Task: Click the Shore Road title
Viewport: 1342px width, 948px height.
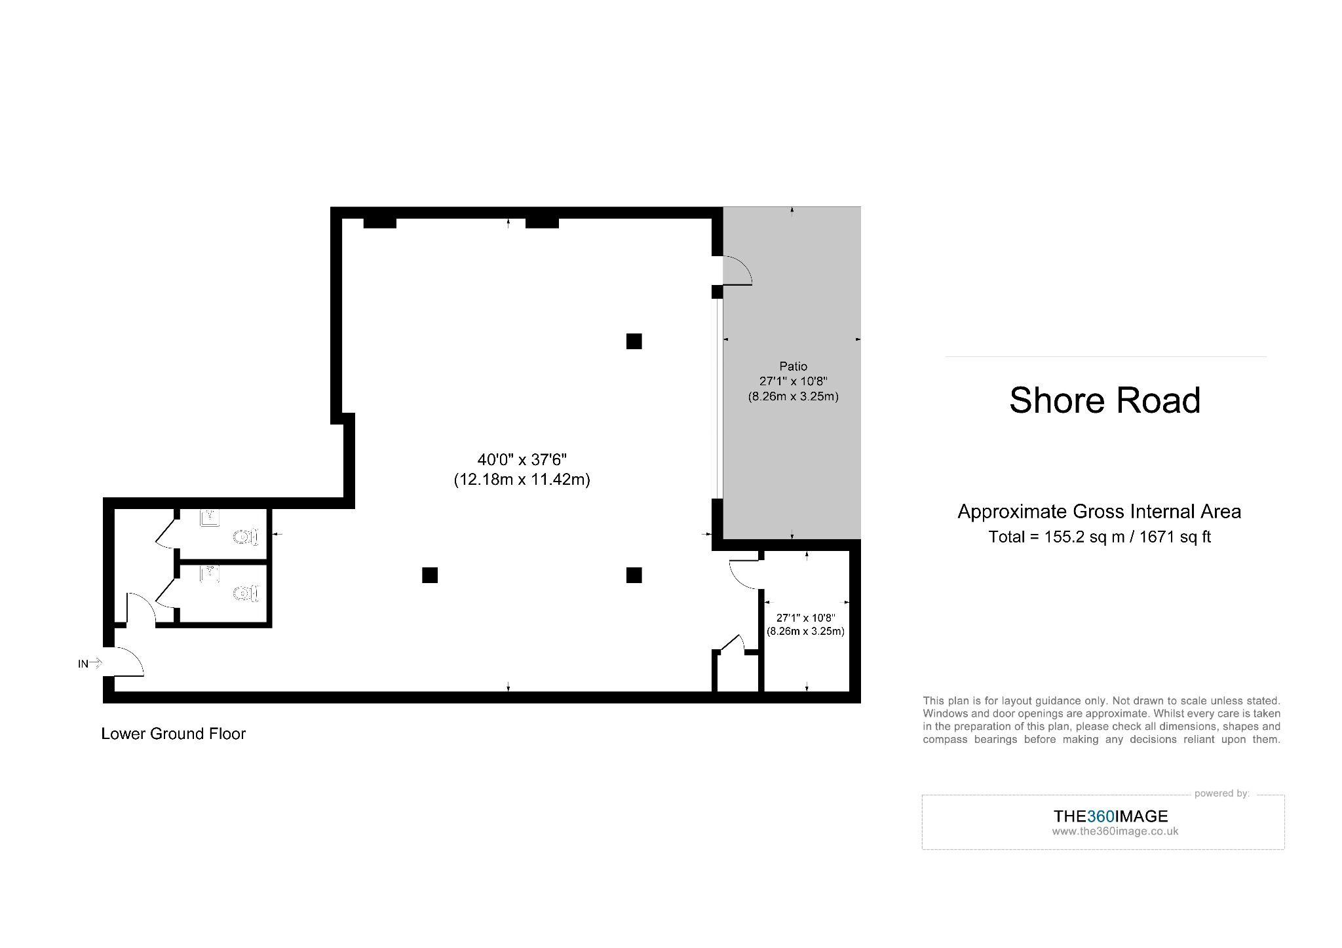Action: (1104, 400)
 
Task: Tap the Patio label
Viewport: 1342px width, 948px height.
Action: (793, 366)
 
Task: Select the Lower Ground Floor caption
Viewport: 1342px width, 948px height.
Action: (173, 734)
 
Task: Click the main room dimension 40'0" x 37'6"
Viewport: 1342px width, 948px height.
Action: (522, 460)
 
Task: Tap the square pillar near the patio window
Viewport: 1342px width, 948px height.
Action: (634, 341)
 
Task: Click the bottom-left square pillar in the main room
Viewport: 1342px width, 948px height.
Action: (430, 575)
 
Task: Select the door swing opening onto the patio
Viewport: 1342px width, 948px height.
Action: (738, 271)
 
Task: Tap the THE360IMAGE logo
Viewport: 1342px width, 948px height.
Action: (1111, 816)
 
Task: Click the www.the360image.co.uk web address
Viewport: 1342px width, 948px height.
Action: (1115, 831)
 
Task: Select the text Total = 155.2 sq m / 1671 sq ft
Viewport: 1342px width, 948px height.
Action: (1099, 537)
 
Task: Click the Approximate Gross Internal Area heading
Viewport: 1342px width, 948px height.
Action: (1099, 512)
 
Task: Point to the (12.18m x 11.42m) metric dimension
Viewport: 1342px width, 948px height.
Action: (522, 480)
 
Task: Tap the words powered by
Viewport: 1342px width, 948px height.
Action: (1221, 793)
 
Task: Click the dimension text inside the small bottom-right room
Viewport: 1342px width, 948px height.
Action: (805, 624)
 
